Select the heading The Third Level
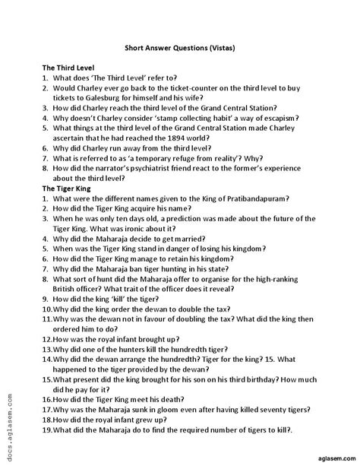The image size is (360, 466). tap(68, 68)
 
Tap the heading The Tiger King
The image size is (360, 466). tap(65, 188)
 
